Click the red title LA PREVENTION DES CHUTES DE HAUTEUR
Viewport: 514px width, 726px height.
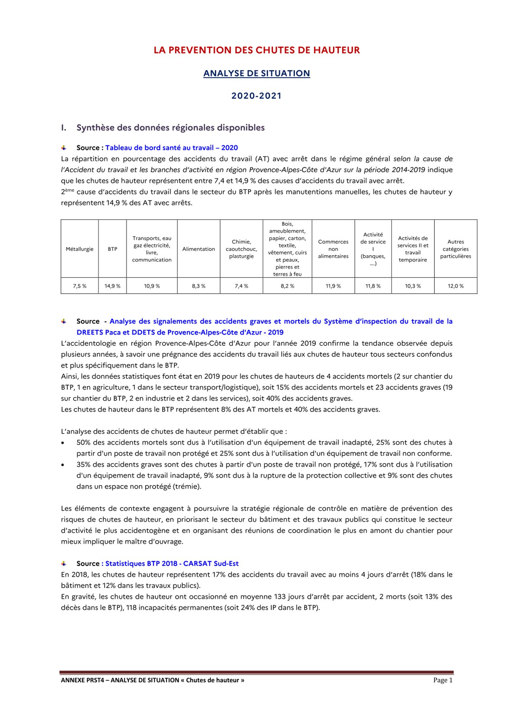coord(256,50)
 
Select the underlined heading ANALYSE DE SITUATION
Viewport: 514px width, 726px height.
coord(256,73)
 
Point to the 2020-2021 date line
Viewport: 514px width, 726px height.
coord(256,96)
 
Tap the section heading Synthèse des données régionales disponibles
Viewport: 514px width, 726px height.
coord(170,128)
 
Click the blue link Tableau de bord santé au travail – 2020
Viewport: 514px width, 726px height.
coord(171,148)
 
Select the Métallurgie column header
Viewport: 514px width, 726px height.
coord(80,249)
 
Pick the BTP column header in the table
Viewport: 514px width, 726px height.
coord(113,249)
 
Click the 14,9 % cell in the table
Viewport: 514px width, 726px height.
coord(113,286)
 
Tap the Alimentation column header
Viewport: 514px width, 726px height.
coord(199,249)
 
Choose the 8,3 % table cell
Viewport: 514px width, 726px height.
coord(199,286)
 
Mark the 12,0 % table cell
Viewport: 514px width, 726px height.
coord(456,286)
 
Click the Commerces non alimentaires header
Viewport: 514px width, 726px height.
coord(333,249)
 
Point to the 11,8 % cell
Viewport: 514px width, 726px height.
coord(373,286)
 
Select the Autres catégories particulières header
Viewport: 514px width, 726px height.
coord(456,249)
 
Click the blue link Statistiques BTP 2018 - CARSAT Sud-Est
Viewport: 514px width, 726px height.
coord(172,563)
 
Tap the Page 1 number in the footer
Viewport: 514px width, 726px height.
coord(443,680)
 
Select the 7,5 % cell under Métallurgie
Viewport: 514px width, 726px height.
coord(80,286)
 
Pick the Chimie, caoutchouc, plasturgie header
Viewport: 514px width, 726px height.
coord(241,249)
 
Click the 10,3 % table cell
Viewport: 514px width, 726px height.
coord(413,286)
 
